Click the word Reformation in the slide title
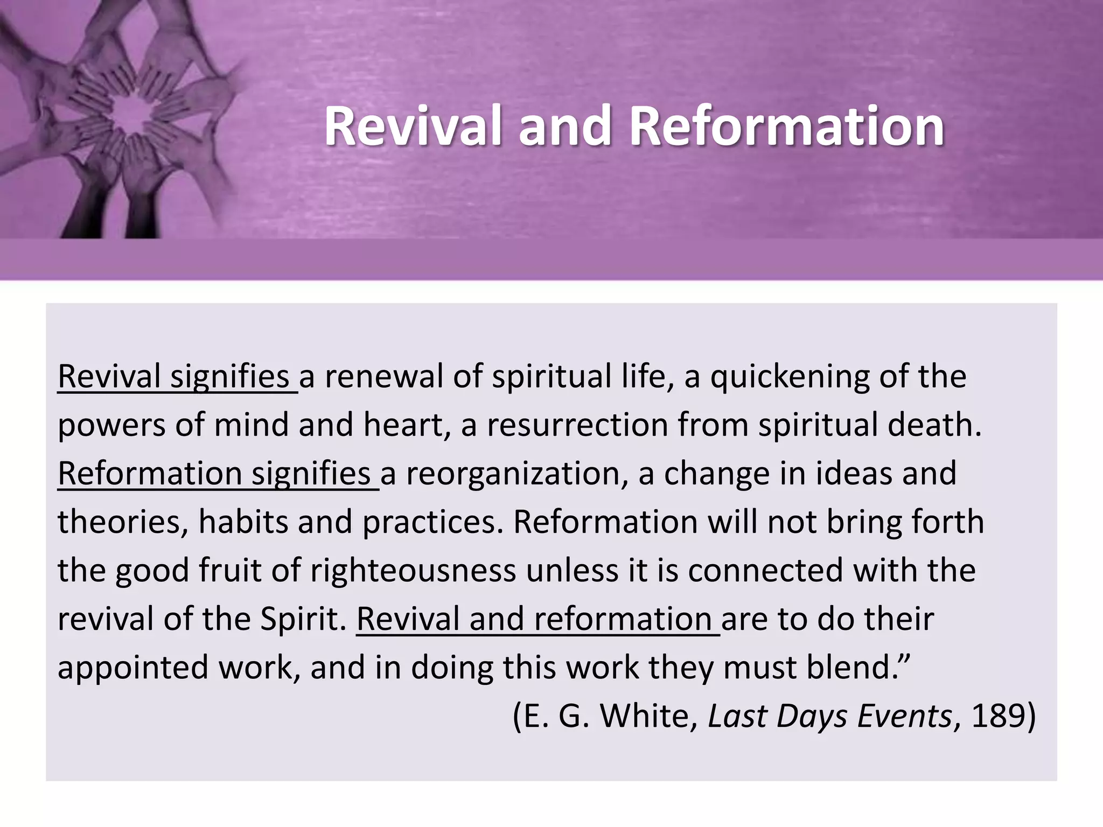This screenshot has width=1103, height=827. (x=786, y=126)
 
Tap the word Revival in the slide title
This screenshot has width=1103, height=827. (x=414, y=126)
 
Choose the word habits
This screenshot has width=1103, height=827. (x=243, y=522)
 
